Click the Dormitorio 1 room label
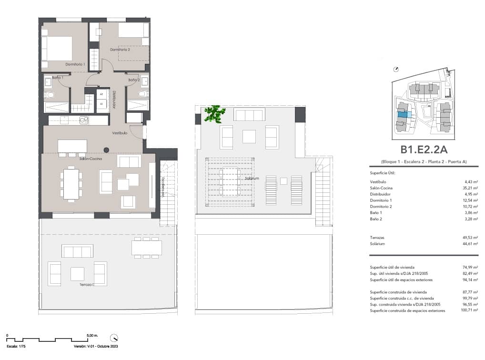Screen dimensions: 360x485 [x=75, y=64]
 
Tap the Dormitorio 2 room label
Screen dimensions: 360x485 [x=120, y=49]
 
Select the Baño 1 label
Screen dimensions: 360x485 [x=57, y=77]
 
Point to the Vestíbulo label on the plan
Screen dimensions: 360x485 [x=119, y=133]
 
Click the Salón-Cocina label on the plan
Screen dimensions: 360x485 [x=91, y=159]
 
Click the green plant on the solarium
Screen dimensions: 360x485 [x=214, y=114]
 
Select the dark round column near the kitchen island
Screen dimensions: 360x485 [x=106, y=150]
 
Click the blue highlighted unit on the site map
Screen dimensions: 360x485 [x=403, y=114]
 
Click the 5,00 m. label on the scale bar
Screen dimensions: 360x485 [x=92, y=336]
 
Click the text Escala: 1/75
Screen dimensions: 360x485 [x=15, y=346]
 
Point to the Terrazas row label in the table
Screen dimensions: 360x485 [x=377, y=237]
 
